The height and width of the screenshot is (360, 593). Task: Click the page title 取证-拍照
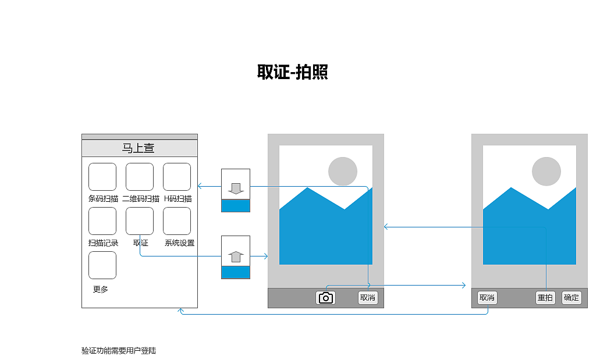[292, 72]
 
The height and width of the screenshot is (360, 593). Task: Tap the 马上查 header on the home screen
[138, 148]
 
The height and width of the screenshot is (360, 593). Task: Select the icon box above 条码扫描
[102, 177]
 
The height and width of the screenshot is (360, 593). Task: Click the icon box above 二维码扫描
[140, 177]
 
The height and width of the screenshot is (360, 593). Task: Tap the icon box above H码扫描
[177, 177]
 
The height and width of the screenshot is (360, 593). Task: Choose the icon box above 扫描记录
[102, 221]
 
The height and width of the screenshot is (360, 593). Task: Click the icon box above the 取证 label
[140, 221]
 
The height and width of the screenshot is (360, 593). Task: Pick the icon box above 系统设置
[177, 221]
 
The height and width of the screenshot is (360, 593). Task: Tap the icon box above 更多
[102, 265]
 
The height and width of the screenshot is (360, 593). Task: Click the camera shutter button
[326, 298]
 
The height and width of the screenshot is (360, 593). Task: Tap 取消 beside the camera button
[368, 298]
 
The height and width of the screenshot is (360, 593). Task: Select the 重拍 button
[545, 298]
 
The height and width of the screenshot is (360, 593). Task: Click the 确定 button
[571, 298]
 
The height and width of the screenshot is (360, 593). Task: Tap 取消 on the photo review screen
[487, 298]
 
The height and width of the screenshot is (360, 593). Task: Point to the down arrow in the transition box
[236, 188]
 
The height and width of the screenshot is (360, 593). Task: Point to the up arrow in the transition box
[236, 256]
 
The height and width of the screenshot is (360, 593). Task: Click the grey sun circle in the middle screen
[343, 172]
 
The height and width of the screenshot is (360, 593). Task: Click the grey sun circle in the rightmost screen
[546, 172]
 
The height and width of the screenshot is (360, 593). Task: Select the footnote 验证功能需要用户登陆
[119, 351]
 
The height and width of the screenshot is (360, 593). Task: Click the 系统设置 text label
[179, 243]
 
